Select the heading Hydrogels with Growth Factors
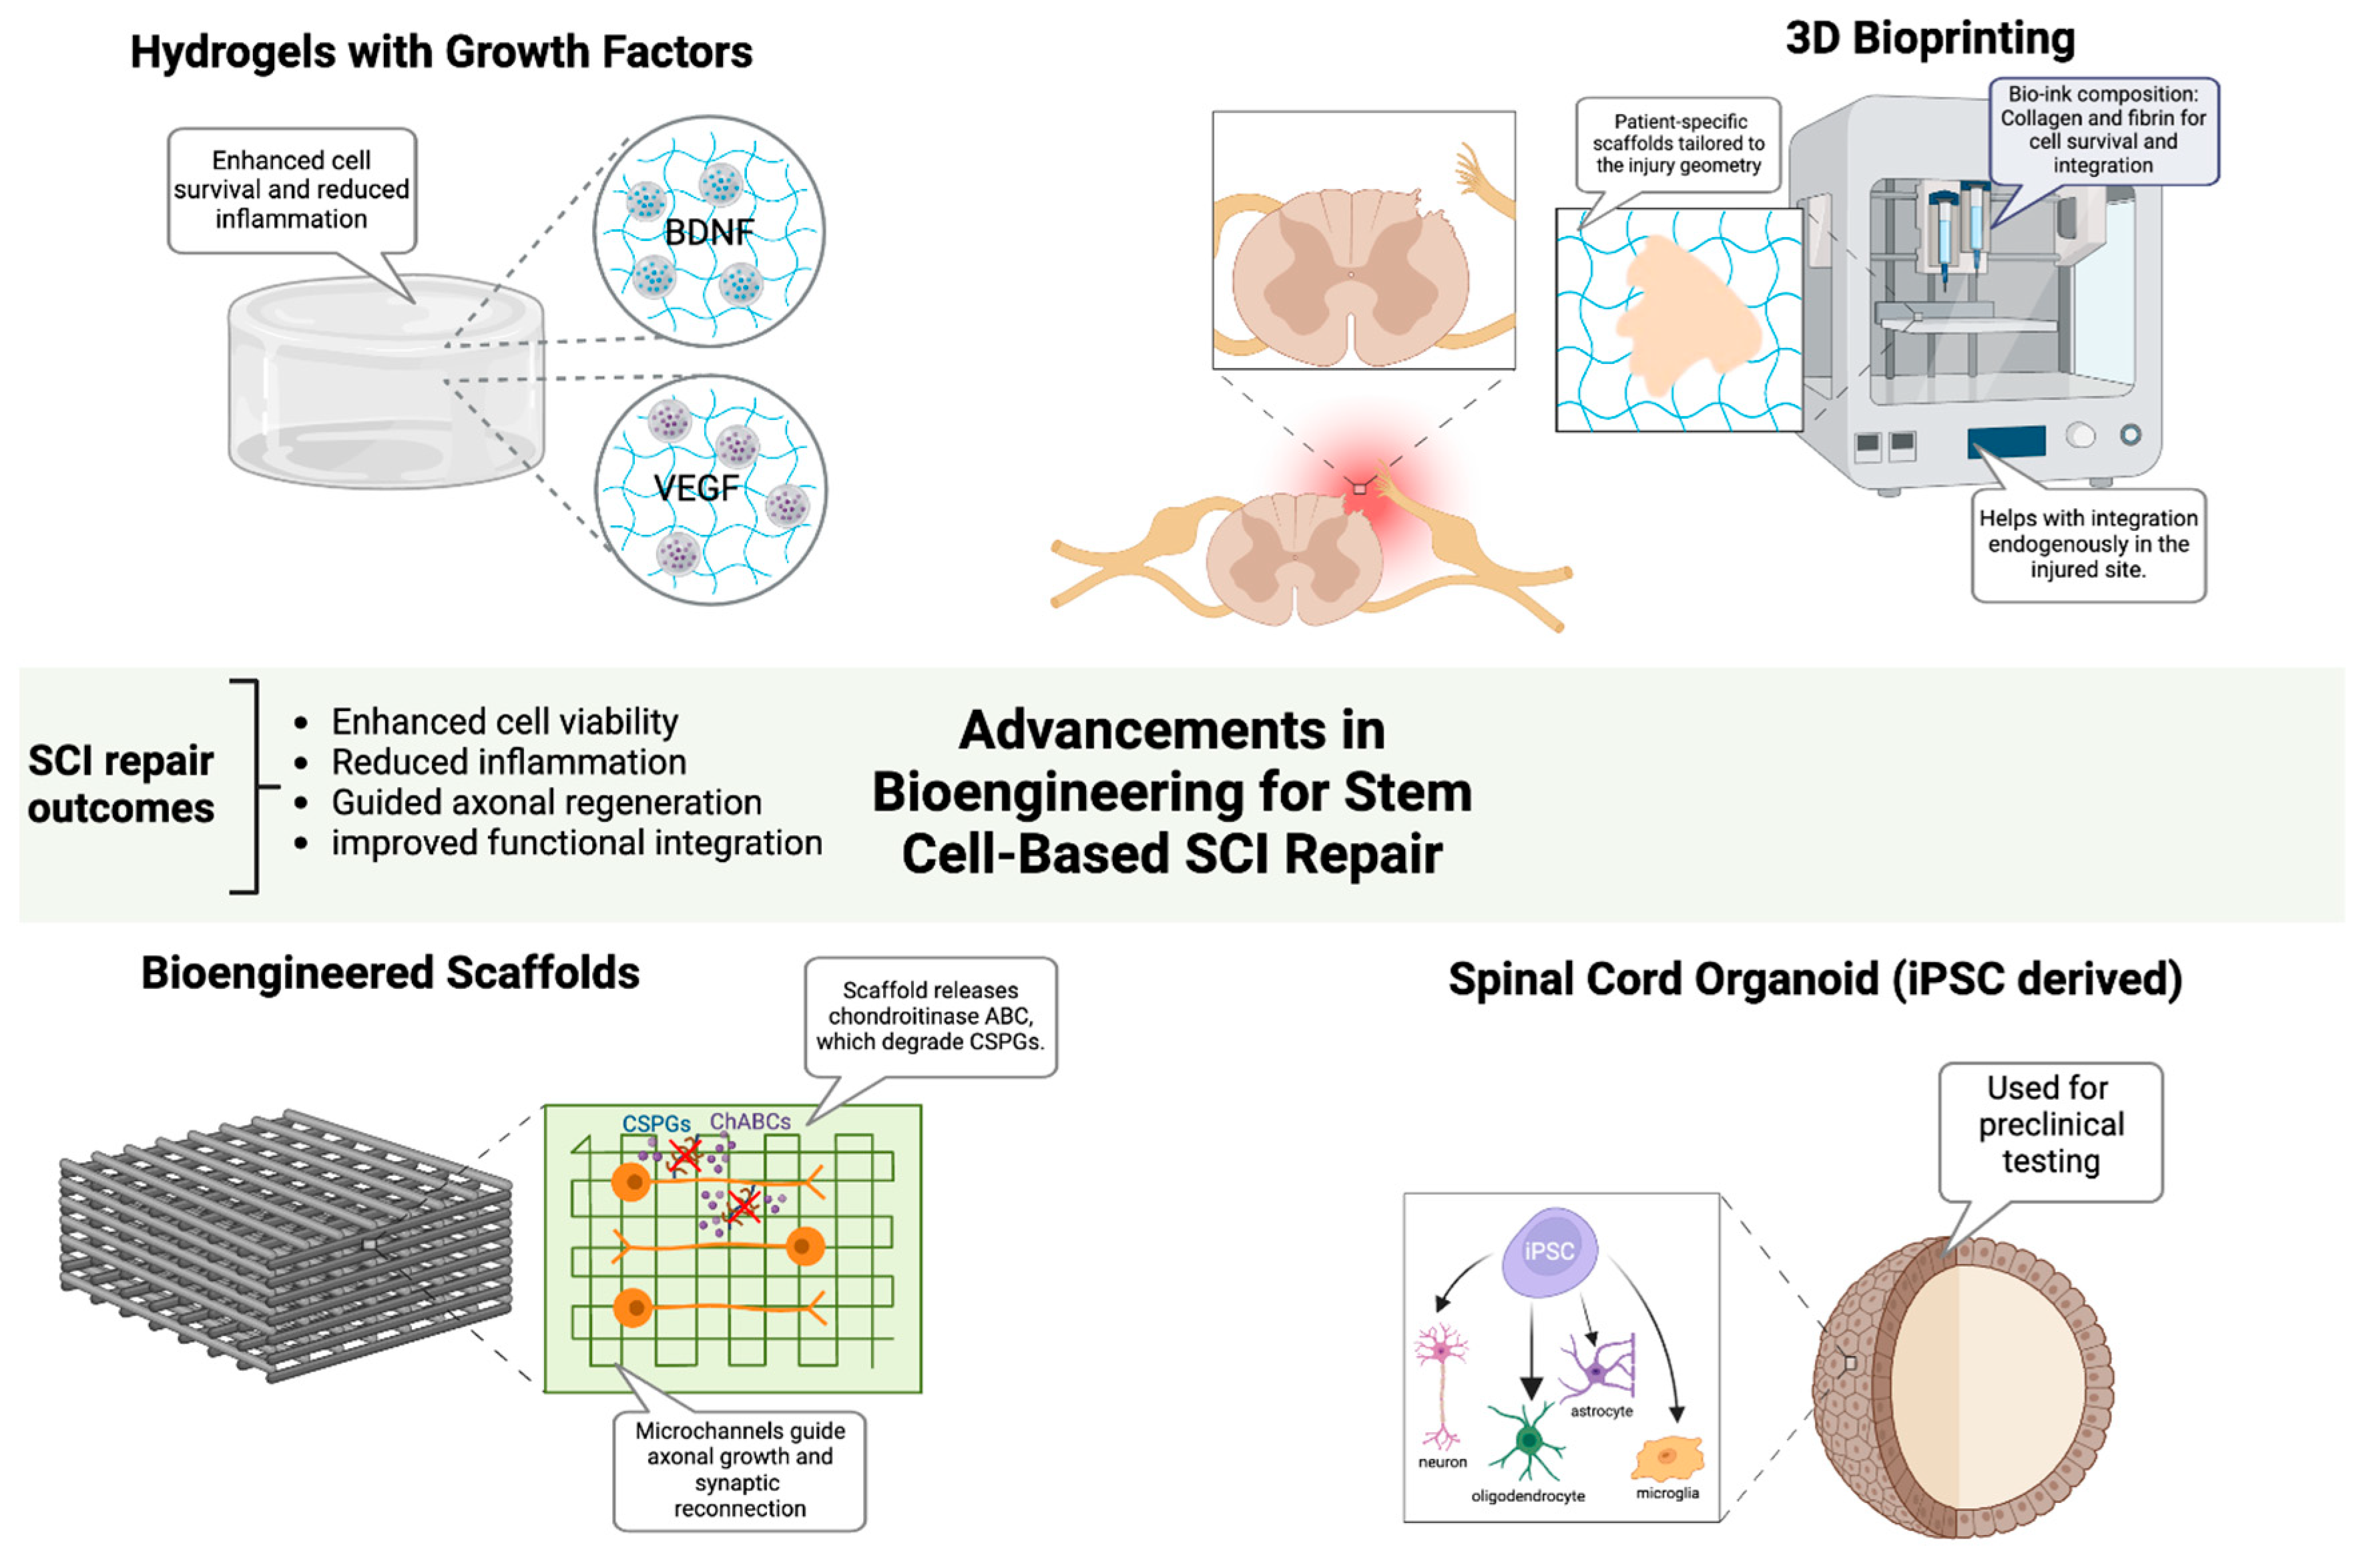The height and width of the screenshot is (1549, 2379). [x=441, y=52]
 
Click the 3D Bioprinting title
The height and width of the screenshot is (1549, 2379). [x=1929, y=39]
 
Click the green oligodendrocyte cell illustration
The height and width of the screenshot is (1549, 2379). [x=1527, y=1440]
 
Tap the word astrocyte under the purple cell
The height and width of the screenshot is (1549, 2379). [x=1600, y=1411]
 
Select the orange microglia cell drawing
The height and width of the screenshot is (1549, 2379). [x=1666, y=1457]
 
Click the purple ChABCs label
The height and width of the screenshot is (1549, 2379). [x=750, y=1122]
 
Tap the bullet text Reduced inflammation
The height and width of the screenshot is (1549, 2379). [x=509, y=762]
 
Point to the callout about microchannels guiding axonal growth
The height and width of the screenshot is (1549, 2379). [x=739, y=1469]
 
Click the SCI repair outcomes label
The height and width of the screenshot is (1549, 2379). [x=120, y=784]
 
